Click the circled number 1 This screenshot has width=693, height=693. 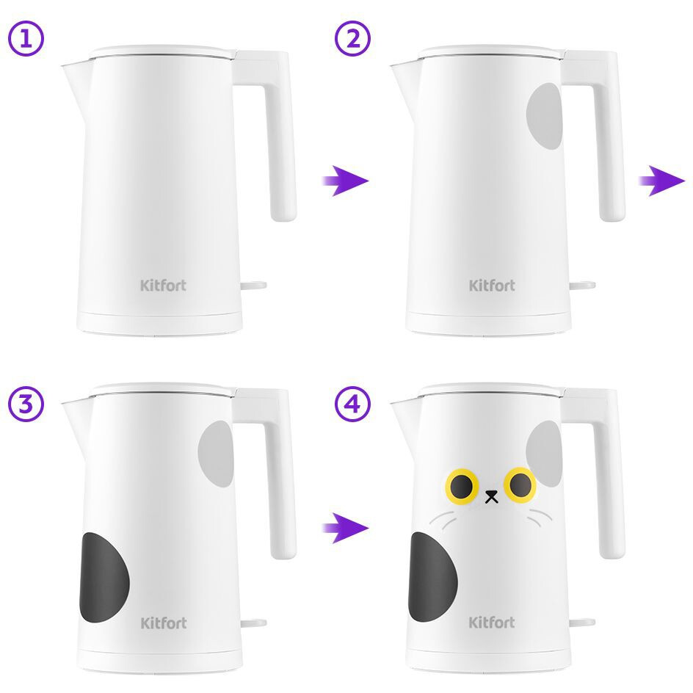[x=26, y=38]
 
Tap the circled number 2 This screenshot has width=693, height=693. [x=352, y=38]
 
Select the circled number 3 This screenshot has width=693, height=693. [x=26, y=404]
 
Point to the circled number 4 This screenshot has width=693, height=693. [x=352, y=404]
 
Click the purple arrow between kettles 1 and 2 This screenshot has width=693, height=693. [x=345, y=181]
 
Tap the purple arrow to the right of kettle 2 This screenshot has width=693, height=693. [x=662, y=181]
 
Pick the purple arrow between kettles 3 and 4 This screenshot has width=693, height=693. [x=345, y=528]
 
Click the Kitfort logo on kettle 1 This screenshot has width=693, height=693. [x=164, y=286]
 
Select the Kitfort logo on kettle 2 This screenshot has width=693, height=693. [x=492, y=286]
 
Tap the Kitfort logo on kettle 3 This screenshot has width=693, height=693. [x=164, y=623]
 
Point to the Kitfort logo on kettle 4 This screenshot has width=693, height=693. [x=492, y=623]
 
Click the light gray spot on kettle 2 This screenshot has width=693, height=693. [x=545, y=116]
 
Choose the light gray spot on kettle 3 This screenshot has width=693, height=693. [x=216, y=454]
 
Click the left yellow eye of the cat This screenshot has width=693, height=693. [x=462, y=486]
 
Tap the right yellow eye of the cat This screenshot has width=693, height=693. [x=520, y=485]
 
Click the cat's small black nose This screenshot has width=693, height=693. [x=491, y=496]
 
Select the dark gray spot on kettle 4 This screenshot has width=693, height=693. [x=432, y=577]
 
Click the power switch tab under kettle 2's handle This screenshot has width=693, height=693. [x=582, y=286]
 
